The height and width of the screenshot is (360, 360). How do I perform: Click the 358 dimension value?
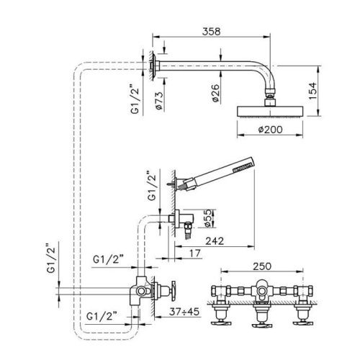point(211,32)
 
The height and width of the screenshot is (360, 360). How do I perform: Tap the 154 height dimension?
point(312,91)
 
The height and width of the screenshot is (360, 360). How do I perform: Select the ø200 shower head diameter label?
point(271,130)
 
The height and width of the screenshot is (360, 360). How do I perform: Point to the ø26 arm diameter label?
point(215,93)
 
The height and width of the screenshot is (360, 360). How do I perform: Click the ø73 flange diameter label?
point(159,101)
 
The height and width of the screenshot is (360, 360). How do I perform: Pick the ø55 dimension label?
point(207,218)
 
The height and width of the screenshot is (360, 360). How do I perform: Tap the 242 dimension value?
point(215,240)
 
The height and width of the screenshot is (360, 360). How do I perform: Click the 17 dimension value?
point(195,253)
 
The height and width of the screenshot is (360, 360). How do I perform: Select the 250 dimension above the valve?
point(262,266)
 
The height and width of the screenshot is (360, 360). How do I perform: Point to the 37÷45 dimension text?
point(184,312)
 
